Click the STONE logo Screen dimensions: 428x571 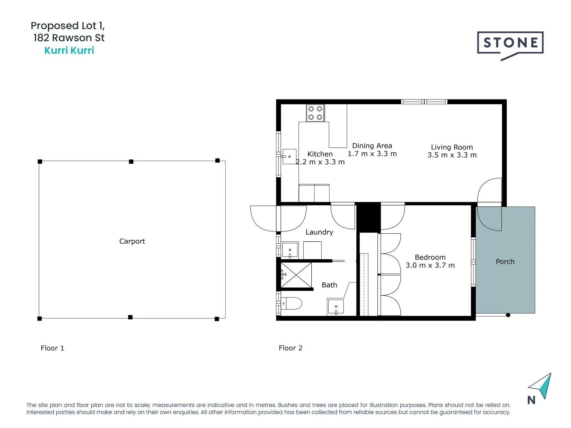tap(510, 44)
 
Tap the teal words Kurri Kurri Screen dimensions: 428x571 tap(69, 50)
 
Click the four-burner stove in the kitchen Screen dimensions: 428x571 tap(315, 113)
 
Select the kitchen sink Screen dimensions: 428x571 tap(289, 157)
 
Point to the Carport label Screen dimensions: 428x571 tap(132, 241)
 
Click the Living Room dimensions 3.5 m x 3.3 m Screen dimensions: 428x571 tap(452, 155)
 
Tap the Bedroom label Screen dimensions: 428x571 tap(430, 257)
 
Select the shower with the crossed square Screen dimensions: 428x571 tap(296, 275)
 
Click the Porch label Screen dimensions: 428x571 tap(505, 262)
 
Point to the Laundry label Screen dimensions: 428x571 tap(319, 232)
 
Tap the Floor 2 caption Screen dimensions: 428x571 tap(290, 348)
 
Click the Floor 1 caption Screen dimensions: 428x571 tap(52, 348)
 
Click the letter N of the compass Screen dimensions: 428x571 tap(531, 400)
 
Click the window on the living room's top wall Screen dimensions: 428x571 tap(424, 102)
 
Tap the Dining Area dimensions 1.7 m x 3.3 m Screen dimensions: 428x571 tap(372, 154)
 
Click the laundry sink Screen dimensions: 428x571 tap(290, 250)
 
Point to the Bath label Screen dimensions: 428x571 tap(329, 285)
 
